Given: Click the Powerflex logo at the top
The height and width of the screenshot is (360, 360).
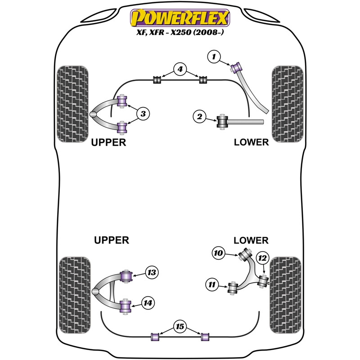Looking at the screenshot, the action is click(180, 18).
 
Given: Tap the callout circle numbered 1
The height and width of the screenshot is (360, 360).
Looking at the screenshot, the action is click(214, 57).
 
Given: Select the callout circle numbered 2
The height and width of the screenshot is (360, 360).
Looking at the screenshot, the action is click(199, 117).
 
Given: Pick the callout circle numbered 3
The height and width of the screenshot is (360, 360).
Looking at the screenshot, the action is click(143, 114).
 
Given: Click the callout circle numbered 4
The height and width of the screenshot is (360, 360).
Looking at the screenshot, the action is click(180, 69).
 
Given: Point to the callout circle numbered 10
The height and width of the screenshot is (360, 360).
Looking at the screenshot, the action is click(218, 253).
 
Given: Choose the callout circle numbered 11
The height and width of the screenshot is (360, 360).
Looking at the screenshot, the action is click(212, 285).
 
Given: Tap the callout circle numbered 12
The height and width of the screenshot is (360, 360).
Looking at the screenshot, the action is click(262, 258).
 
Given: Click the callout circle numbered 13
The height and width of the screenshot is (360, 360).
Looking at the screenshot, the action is click(152, 273).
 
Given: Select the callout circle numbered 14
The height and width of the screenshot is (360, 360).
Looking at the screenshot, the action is click(148, 303).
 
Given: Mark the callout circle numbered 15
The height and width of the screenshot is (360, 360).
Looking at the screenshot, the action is click(180, 326).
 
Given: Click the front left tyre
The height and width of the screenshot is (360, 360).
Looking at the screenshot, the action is click(72, 104).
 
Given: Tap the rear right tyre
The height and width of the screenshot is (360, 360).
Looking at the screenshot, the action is click(285, 295).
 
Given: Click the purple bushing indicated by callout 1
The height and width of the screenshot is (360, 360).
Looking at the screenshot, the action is click(235, 67).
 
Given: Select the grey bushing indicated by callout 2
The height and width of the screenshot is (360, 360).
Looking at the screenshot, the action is click(222, 122).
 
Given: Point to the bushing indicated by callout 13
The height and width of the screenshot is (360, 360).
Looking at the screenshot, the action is click(126, 277).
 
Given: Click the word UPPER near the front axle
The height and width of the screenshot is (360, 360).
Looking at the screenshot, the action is click(108, 142).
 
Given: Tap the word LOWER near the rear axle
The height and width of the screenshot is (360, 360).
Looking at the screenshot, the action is click(251, 240).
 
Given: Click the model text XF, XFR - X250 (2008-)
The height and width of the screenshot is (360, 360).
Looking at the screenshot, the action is click(180, 32).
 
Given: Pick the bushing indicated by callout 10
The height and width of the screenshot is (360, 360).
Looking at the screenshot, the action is click(245, 254).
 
